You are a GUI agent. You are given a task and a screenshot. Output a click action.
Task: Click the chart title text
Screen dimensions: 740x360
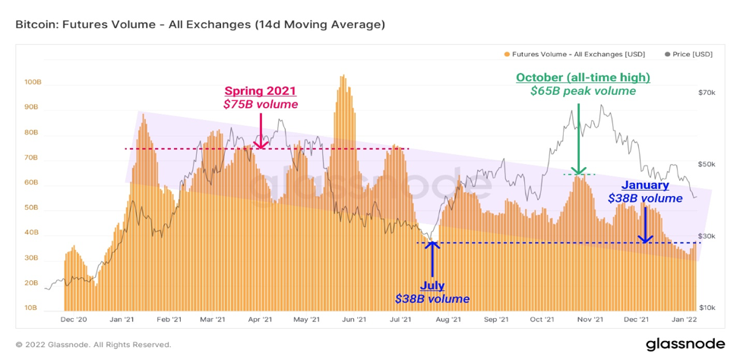pyautogui.click(x=201, y=24)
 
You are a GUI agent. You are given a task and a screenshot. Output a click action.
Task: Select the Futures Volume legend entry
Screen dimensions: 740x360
pyautogui.click(x=574, y=54)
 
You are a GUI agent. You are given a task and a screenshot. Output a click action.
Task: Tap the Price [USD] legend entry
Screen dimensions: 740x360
pyautogui.click(x=688, y=54)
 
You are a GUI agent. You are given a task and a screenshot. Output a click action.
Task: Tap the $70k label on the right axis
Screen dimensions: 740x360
pyautogui.click(x=706, y=93)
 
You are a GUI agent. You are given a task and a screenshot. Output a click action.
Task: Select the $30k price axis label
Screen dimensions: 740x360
pyautogui.click(x=706, y=237)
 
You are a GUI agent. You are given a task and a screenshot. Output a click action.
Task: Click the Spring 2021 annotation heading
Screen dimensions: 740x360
pyautogui.click(x=261, y=91)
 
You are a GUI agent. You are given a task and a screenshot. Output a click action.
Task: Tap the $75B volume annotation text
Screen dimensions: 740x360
pyautogui.click(x=261, y=104)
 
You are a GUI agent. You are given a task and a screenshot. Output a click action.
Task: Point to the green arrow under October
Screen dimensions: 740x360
pyautogui.click(x=579, y=138)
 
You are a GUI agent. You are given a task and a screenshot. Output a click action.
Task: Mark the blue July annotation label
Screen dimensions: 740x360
pyautogui.click(x=432, y=286)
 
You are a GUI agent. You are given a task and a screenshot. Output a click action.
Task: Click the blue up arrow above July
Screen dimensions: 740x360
pyautogui.click(x=432, y=258)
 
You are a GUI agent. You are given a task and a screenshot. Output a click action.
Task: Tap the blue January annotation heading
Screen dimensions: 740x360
pyautogui.click(x=645, y=185)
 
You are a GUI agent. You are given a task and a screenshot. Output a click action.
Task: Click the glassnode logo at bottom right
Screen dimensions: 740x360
pyautogui.click(x=685, y=344)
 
